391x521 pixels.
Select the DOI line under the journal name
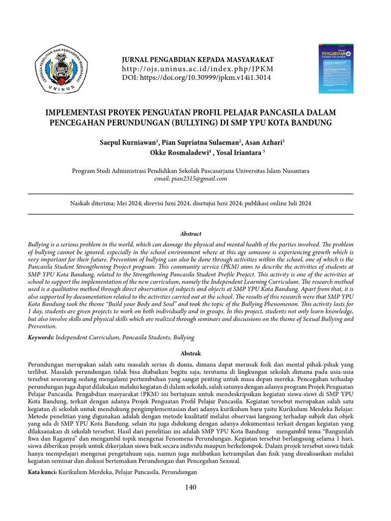click(197, 78)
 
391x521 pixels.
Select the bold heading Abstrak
click(191, 353)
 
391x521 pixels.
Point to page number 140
click(190, 487)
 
